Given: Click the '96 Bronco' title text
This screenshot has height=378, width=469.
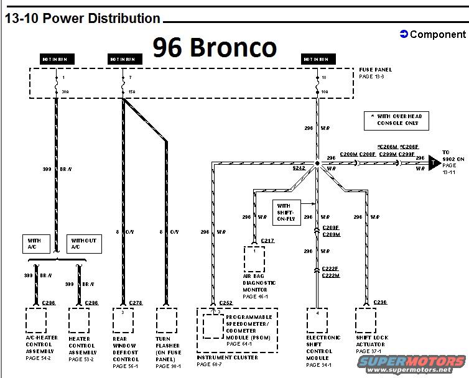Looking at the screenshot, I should tap(214, 47).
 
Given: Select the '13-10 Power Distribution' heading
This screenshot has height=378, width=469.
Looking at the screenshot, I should tap(82, 19).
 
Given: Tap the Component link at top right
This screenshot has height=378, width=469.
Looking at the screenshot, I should tap(432, 34).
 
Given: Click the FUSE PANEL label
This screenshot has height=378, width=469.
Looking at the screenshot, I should tap(375, 70).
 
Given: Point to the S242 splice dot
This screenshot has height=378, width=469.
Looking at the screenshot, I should tap(317, 164).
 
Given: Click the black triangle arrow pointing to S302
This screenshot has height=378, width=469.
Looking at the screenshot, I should tap(434, 164).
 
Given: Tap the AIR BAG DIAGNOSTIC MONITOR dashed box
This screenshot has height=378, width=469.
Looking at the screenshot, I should tap(254, 259).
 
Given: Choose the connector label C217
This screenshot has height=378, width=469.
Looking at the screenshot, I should tap(268, 241).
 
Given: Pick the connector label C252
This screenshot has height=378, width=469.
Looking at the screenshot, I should tap(225, 303).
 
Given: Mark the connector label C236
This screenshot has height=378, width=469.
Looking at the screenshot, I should tap(381, 302).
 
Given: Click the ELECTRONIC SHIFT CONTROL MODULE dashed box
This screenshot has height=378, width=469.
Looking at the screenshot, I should tap(318, 320).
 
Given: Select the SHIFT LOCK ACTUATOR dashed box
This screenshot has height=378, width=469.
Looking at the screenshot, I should tap(366, 320).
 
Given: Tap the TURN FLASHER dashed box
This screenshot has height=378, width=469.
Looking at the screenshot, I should tap(167, 320).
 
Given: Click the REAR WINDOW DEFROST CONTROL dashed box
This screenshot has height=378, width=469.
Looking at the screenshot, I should tap(123, 320).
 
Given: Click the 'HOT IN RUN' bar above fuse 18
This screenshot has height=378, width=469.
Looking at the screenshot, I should tap(316, 59).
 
